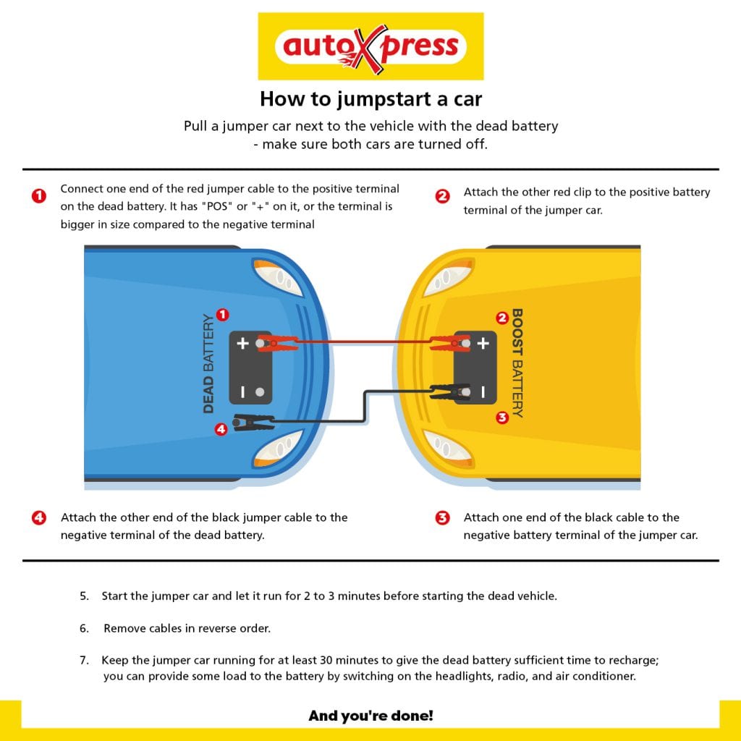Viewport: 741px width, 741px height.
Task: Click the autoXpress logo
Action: (370, 46)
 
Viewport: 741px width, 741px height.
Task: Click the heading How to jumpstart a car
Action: (371, 99)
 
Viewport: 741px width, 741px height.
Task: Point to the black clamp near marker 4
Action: (254, 422)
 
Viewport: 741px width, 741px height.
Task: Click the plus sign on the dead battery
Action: (242, 343)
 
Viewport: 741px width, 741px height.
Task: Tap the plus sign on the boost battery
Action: (483, 343)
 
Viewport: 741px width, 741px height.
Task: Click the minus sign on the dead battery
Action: (243, 391)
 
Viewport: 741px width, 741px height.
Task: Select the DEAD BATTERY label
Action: (208, 363)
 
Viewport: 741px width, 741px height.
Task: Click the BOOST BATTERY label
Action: (517, 363)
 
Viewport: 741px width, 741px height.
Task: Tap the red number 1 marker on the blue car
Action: (223, 315)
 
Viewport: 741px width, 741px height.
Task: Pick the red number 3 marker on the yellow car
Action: (502, 418)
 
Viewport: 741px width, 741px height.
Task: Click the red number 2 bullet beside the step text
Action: (442, 196)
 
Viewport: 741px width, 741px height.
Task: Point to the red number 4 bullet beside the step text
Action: (39, 518)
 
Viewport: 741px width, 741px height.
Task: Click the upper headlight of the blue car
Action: (278, 277)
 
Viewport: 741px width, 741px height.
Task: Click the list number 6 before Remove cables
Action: (84, 629)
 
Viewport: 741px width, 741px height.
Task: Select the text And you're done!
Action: (371, 716)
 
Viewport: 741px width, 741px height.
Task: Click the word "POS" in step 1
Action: (217, 206)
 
